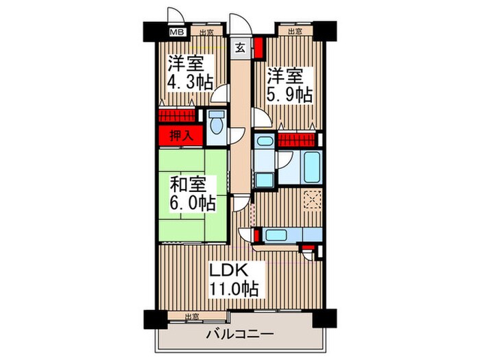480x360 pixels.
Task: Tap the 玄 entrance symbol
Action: (241, 48)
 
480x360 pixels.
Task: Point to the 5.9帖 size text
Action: (291, 94)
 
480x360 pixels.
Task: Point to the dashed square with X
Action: (313, 199)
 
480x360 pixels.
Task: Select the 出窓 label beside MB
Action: (206, 32)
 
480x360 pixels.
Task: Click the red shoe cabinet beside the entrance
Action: (259, 49)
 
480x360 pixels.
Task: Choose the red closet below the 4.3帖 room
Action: (178, 115)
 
